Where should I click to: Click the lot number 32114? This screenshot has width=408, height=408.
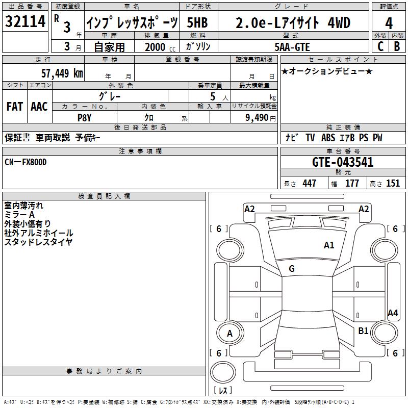click(x=25, y=21)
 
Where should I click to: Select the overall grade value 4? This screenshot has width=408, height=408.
click(x=389, y=23)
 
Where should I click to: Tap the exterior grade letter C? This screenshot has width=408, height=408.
click(x=380, y=46)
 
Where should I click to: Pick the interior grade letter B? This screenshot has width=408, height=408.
click(x=397, y=46)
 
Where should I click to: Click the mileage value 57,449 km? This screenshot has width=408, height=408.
click(x=62, y=73)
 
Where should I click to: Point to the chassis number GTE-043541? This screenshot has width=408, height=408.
click(x=343, y=162)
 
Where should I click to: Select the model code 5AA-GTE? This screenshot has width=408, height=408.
click(x=292, y=47)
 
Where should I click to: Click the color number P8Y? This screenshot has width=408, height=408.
click(x=85, y=118)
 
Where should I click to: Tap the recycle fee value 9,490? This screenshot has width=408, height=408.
click(x=257, y=118)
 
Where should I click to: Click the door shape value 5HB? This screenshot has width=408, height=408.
click(x=197, y=22)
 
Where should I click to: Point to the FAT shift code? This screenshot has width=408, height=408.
click(x=15, y=107)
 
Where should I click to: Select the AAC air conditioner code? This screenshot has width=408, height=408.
click(x=39, y=107)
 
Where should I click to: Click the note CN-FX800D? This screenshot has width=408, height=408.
click(x=25, y=162)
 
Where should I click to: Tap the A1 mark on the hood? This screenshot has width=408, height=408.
click(x=329, y=245)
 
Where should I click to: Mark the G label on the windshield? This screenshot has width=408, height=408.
click(x=292, y=269)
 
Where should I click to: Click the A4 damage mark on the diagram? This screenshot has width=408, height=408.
click(x=393, y=313)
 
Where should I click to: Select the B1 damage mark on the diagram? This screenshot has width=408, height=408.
click(x=363, y=331)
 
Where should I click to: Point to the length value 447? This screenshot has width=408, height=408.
click(x=309, y=183)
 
